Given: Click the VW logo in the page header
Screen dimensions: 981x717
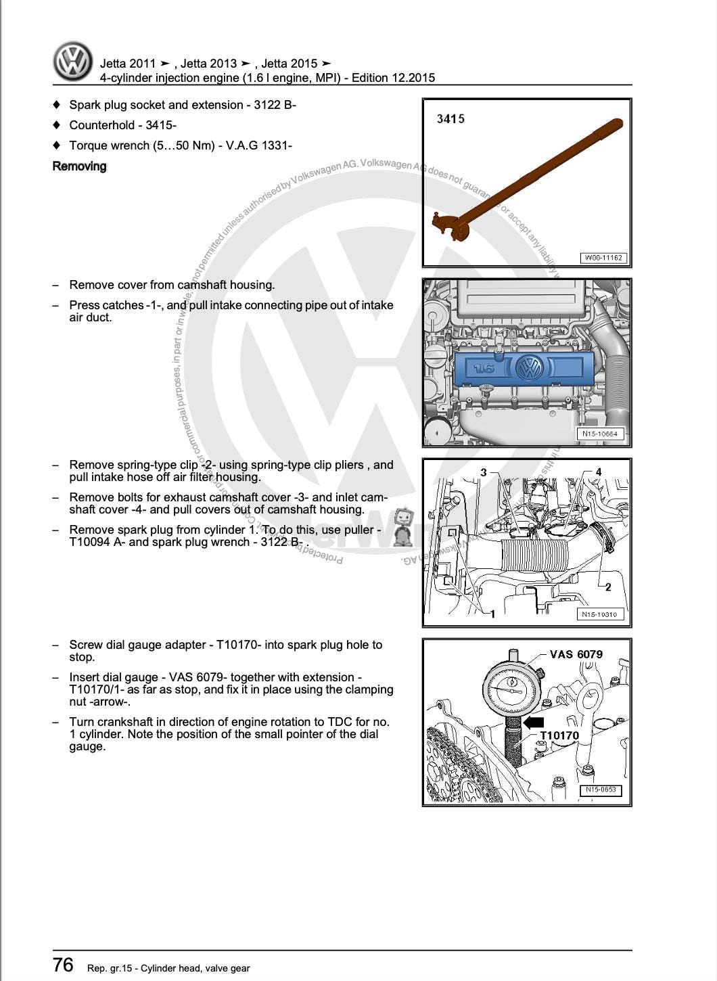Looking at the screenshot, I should [x=73, y=62].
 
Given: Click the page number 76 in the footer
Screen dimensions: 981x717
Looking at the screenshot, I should [x=63, y=964].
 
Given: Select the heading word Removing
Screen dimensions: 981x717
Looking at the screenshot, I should [x=79, y=166].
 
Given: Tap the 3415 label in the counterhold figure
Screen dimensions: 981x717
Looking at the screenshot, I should [x=450, y=119].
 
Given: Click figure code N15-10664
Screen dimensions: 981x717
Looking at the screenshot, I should [x=600, y=434].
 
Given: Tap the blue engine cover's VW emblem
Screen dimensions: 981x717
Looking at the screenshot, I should [x=529, y=368].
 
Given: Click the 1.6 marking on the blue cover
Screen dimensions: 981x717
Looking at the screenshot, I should [x=484, y=369].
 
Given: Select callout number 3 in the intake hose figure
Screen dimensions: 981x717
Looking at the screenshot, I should [x=484, y=472].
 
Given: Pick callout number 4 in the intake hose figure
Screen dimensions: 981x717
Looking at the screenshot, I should [x=598, y=472].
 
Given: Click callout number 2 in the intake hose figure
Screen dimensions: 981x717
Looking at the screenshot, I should [x=607, y=587].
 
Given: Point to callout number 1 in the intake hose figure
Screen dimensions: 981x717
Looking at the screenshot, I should [x=492, y=614].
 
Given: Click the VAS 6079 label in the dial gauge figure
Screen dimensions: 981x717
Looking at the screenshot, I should [x=576, y=654].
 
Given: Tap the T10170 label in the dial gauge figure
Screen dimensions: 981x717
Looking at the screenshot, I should [x=559, y=735].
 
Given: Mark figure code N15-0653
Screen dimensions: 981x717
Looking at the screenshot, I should [x=601, y=790].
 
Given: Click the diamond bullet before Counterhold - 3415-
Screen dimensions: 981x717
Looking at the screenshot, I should [x=57, y=125].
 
